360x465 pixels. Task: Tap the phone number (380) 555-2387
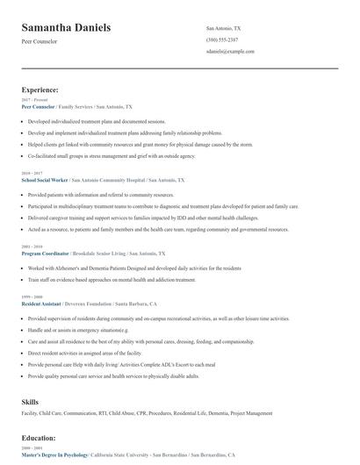click(221, 40)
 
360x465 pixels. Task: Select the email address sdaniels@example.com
click(229, 52)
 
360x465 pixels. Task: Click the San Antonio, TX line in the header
click(223, 28)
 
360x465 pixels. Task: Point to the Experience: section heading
click(40, 89)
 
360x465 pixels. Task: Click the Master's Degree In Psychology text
click(55, 456)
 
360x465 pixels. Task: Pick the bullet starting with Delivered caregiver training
click(143, 218)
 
